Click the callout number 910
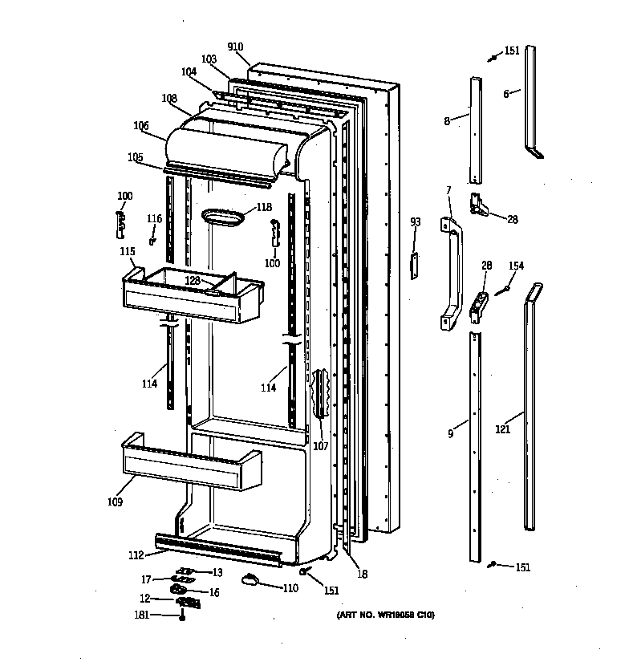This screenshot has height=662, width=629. pos(235,47)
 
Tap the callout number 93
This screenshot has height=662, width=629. pos(415,221)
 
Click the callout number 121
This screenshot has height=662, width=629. pos(502,429)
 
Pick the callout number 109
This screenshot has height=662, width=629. pos(114,502)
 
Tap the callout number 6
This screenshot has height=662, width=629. pos(506,94)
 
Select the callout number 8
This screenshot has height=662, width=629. pos(447,121)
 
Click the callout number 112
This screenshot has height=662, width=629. pos(136,554)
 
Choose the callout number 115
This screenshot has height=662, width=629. pos(127,252)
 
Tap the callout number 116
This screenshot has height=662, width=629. pos(154,219)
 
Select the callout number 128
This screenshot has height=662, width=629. pos(193,280)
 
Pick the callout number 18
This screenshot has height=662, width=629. pos(363,575)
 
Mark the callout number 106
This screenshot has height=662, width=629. pos(141,125)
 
